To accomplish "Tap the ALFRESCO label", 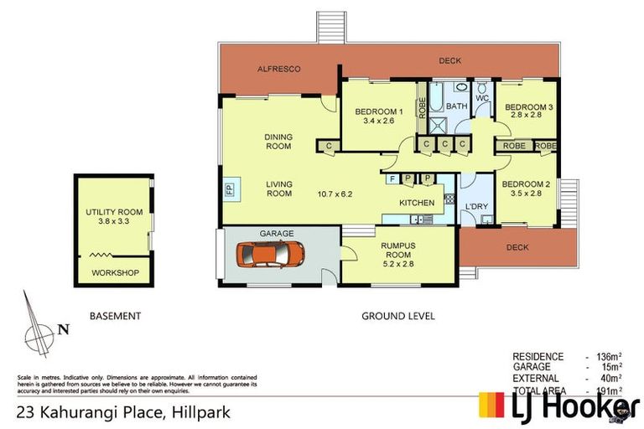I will tap(278, 69).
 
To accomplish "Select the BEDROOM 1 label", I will tap(378, 111).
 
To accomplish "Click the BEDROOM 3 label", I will tap(527, 107).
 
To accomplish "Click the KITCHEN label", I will tap(417, 203).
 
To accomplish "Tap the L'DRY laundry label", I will tap(476, 205).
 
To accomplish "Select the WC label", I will tap(482, 98).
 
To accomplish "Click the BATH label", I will tap(456, 106).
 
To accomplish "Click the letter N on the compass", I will tap(62, 329).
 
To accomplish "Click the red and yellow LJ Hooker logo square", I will tap(493, 406).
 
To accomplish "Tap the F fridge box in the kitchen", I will tap(392, 178).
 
